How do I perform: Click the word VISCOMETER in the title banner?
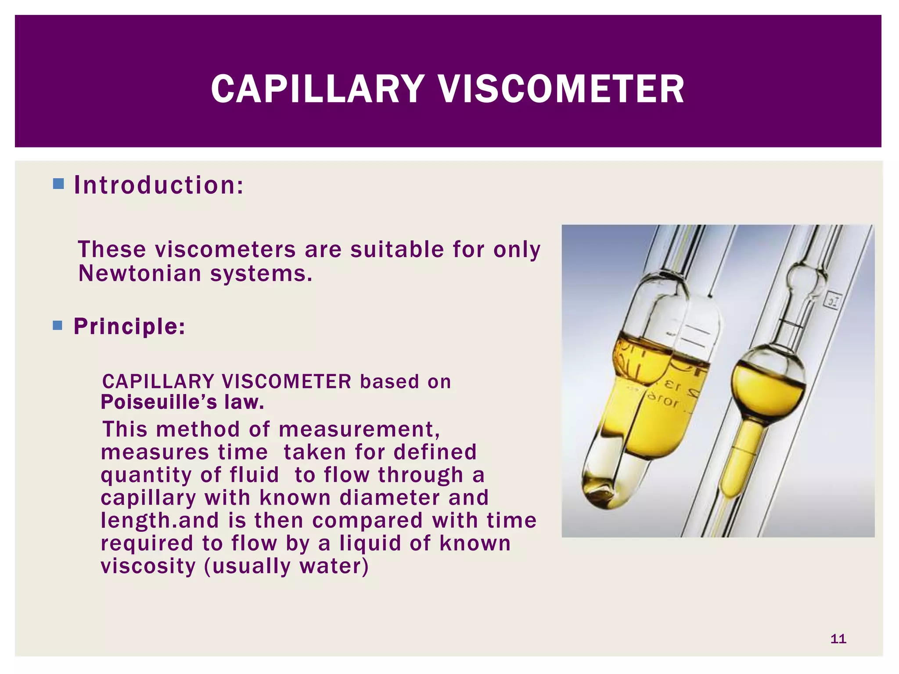click(561, 89)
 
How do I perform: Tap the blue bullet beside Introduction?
click(58, 183)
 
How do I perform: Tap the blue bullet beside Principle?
click(58, 325)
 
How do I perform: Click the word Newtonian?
click(140, 273)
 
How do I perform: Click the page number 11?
click(838, 639)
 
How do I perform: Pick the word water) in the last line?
click(334, 566)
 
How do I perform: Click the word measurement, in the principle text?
click(359, 429)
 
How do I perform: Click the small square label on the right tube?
click(833, 301)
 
